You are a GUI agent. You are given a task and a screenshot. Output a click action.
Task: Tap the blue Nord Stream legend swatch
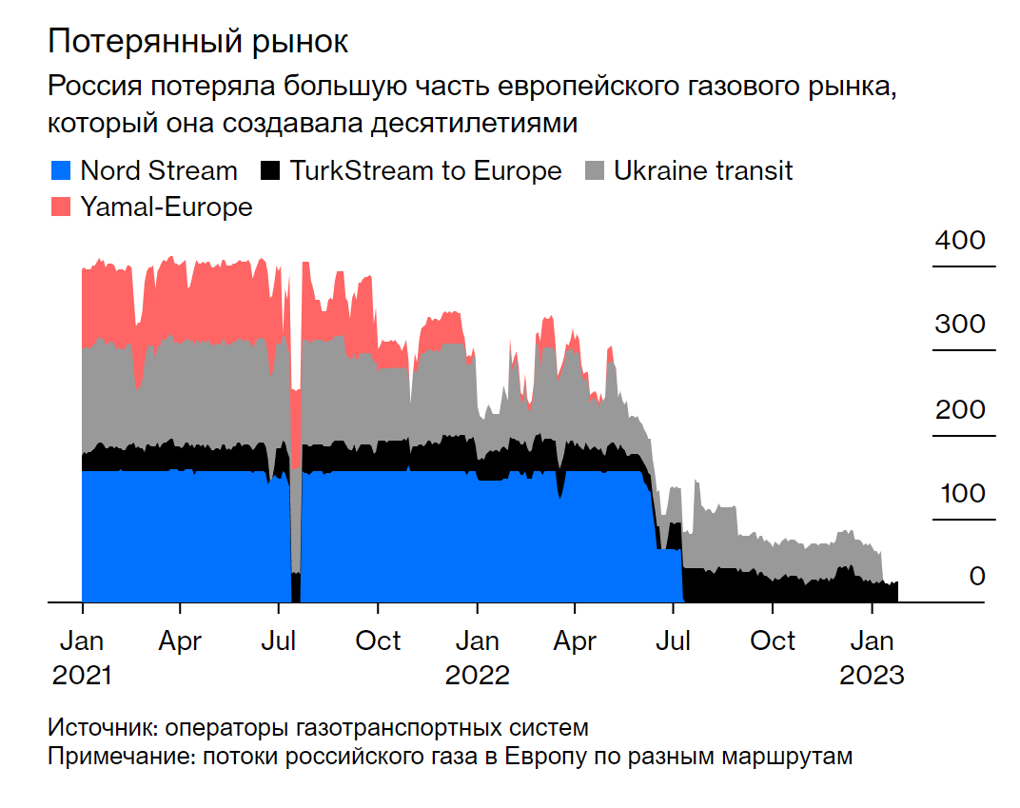[60, 171]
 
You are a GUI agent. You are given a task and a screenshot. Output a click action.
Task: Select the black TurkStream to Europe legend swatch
[271, 171]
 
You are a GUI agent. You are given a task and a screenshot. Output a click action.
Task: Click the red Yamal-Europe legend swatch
[60, 207]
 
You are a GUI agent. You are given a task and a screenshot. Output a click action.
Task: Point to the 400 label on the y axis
[960, 240]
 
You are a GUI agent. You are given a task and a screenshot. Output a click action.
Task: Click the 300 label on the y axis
[960, 324]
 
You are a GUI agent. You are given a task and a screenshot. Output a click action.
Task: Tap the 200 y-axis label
[960, 410]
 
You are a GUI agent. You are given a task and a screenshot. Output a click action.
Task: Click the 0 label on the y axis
[977, 577]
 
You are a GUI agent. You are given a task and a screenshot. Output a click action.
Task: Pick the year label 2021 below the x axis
[82, 675]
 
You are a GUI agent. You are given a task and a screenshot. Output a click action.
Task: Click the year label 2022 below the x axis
[478, 675]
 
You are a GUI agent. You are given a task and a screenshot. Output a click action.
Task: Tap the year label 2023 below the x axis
[871, 675]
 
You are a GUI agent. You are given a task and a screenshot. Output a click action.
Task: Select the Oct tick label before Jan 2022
[378, 640]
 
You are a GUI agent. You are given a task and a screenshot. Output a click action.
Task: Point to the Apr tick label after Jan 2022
[575, 640]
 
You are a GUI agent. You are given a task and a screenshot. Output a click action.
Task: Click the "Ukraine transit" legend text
[703, 171]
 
